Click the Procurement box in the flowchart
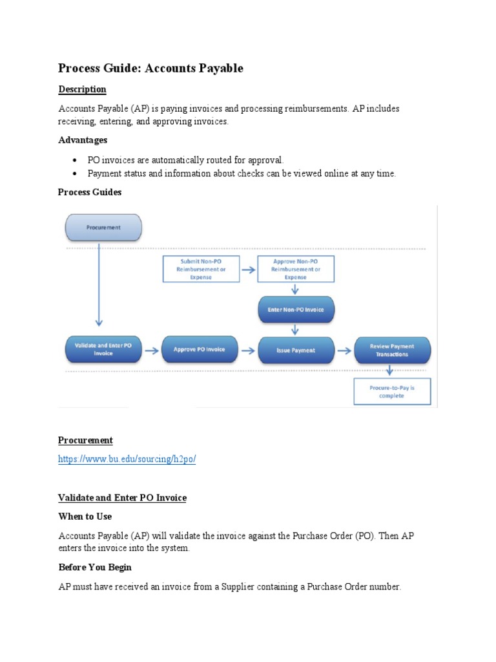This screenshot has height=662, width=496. (x=103, y=228)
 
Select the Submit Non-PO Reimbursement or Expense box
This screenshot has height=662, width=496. (x=200, y=269)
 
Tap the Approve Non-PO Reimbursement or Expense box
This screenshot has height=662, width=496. (x=296, y=269)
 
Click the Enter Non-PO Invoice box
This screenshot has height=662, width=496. (x=296, y=310)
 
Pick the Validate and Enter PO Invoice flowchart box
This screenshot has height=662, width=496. (x=103, y=350)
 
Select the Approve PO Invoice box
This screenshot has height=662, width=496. (x=200, y=350)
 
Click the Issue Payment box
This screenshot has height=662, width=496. (x=296, y=350)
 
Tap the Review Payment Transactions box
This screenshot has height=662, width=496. (x=392, y=350)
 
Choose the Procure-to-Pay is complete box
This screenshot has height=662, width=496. (x=392, y=392)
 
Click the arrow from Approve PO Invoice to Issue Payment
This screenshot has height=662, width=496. (x=248, y=350)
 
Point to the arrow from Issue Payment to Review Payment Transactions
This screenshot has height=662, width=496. (x=344, y=350)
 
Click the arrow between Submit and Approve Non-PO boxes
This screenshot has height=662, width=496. (x=248, y=269)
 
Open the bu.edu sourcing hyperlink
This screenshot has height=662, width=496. (x=127, y=459)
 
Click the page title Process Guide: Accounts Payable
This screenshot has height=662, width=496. (x=150, y=68)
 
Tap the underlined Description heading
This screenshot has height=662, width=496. (x=82, y=89)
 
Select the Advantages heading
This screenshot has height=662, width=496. (x=83, y=140)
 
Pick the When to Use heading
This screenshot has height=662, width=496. (x=85, y=517)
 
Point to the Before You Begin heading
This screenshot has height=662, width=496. (x=95, y=567)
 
